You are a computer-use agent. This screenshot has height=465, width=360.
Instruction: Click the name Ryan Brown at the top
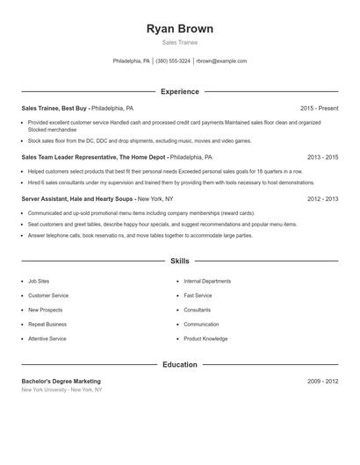[179, 29]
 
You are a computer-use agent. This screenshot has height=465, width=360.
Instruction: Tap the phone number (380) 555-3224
[173, 61]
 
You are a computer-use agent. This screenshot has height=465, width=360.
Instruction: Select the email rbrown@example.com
[221, 61]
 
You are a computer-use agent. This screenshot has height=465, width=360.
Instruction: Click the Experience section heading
[179, 91]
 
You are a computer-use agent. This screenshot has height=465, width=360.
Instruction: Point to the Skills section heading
[179, 261]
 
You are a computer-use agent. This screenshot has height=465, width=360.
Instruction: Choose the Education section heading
[179, 364]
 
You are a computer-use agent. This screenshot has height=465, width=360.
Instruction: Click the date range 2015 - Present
[319, 108]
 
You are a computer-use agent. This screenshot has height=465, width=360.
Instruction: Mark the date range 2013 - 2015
[322, 157]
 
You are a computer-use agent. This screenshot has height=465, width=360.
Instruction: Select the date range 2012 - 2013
[322, 199]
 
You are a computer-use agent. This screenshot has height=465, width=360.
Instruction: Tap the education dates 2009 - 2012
[322, 382]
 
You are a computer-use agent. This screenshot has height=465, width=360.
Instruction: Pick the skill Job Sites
[39, 281]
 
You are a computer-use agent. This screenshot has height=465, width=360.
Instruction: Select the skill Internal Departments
[207, 281]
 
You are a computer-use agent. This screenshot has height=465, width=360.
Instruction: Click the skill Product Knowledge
[205, 338]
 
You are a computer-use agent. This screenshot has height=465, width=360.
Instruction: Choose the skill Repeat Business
[47, 324]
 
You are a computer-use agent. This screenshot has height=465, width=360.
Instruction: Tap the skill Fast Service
[198, 296]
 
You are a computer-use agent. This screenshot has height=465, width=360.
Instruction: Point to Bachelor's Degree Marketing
[61, 382]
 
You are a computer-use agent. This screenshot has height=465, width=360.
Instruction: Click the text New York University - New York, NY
[61, 390]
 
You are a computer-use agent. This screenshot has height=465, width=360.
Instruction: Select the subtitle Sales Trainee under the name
[179, 42]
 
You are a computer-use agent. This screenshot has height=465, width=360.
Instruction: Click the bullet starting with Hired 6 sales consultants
[170, 182]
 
